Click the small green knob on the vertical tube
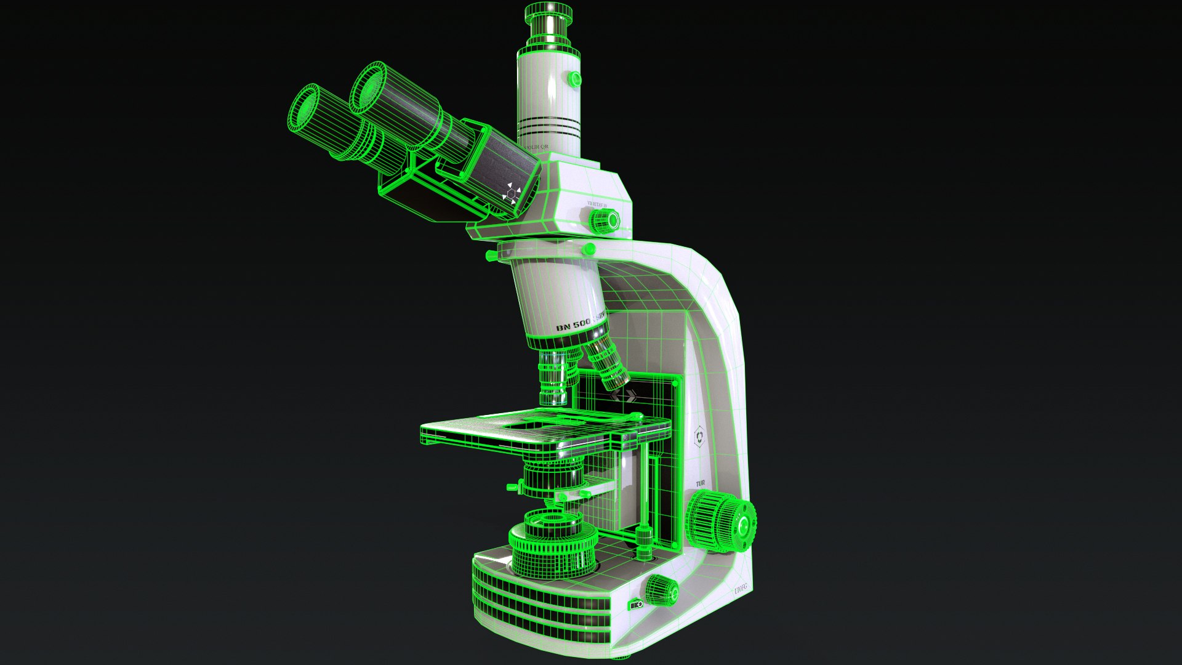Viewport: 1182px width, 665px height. tap(574, 78)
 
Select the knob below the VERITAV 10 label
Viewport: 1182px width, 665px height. tap(605, 220)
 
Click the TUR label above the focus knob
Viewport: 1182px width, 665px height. tap(700, 484)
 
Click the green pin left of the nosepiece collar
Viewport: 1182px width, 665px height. tap(491, 254)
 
